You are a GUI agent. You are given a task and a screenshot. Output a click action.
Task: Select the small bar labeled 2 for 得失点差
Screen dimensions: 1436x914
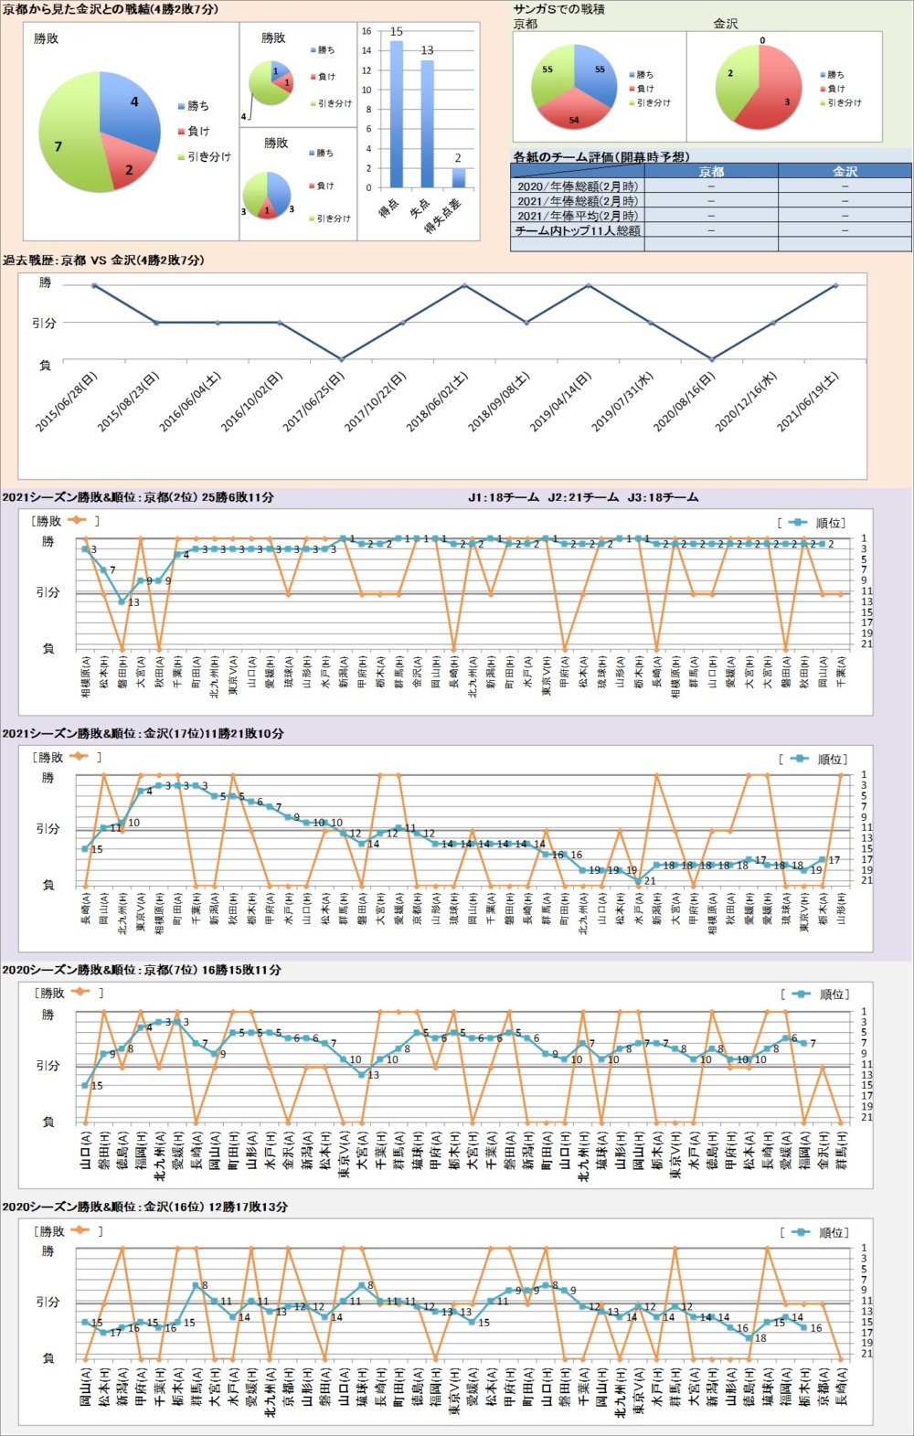click(x=458, y=177)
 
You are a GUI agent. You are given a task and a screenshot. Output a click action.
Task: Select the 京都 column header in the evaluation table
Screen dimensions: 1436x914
click(x=710, y=171)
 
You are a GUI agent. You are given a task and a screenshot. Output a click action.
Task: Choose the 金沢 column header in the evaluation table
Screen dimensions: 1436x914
click(x=845, y=171)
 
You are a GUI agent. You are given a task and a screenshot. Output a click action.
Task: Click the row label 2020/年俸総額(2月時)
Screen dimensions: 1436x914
click(x=577, y=186)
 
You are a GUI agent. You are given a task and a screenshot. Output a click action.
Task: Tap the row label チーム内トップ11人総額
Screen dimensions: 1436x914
click(x=577, y=230)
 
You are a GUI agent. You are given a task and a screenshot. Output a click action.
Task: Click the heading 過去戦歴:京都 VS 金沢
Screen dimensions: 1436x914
click(x=103, y=261)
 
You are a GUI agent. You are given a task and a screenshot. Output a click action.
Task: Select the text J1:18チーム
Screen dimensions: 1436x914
click(x=503, y=497)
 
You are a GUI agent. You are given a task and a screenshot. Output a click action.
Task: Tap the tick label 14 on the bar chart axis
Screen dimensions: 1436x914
click(x=367, y=50)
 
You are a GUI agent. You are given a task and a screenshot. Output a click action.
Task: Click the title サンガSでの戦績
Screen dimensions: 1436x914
click(x=559, y=9)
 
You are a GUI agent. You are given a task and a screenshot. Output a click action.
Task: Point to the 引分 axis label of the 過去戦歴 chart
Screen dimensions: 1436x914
click(x=44, y=323)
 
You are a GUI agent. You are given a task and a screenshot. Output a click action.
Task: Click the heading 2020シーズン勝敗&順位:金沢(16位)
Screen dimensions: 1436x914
click(x=143, y=1207)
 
